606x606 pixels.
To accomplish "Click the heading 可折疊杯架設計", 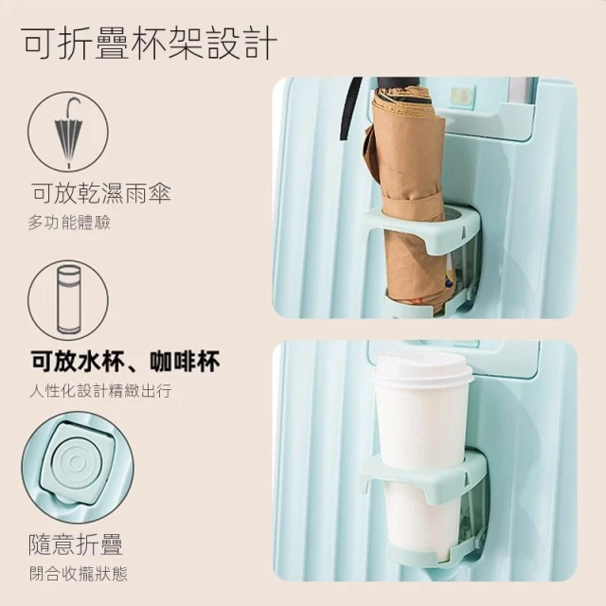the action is point(150,44).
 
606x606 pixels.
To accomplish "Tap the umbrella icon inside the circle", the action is point(68,133).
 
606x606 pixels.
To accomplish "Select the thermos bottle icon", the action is point(68,299).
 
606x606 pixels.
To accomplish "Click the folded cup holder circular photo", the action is point(78,467).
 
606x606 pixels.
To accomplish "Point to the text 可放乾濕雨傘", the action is point(101,193).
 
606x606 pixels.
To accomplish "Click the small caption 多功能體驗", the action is point(69,223).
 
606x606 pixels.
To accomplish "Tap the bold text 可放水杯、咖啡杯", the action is point(126,361).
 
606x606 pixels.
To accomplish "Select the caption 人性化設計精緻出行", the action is point(100,391).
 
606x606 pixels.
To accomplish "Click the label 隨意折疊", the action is point(76,544).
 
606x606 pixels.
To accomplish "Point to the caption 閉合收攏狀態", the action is point(79,574).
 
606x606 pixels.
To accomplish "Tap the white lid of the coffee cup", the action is point(422,368).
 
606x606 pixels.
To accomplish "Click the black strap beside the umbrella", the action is point(350,108).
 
